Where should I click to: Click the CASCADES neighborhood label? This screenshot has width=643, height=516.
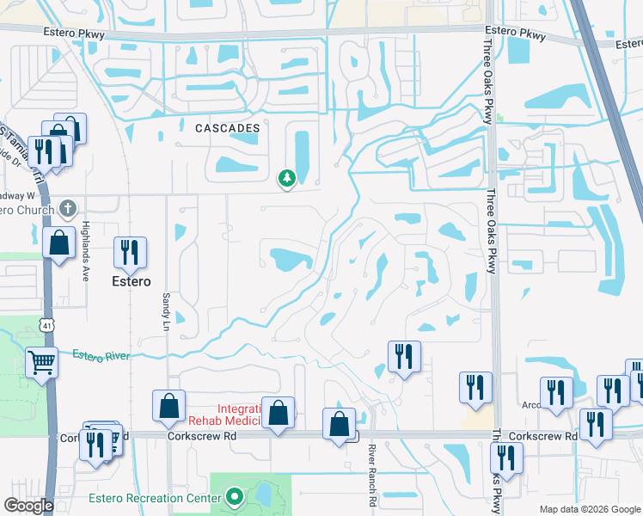(x=227, y=128)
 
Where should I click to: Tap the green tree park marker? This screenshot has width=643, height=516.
(x=286, y=178)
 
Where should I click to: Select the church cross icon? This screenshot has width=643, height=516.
(x=70, y=209)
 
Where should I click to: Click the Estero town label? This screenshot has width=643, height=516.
(x=130, y=281)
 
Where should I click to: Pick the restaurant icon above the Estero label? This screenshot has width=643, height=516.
(x=130, y=251)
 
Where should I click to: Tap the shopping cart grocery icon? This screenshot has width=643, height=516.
(x=41, y=362)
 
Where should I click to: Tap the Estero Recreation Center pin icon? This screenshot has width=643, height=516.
(x=233, y=497)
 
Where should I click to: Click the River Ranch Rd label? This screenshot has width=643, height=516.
(x=372, y=477)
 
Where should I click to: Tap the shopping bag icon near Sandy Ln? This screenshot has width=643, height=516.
(x=168, y=406)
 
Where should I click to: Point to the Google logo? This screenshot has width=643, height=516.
(x=28, y=506)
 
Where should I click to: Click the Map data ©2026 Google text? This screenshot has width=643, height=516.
(x=589, y=509)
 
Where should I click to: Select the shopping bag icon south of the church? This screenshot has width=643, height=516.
(x=58, y=242)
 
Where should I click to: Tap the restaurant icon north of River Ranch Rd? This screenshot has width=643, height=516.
(x=404, y=356)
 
